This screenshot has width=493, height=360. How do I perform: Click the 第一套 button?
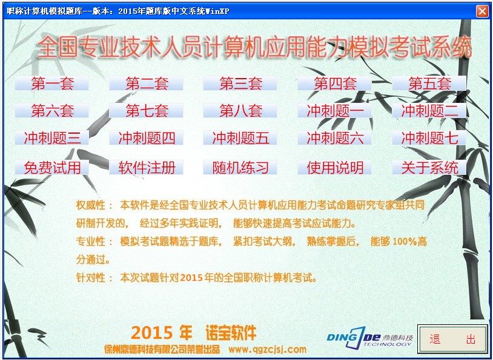click(x=52, y=83)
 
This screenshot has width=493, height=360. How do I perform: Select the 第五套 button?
click(x=429, y=83)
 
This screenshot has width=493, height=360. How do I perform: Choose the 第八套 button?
click(x=240, y=111)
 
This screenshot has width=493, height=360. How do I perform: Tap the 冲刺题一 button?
click(x=335, y=111)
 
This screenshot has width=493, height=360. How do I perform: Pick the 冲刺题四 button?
click(x=146, y=137)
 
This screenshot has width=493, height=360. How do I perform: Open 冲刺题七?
click(x=429, y=137)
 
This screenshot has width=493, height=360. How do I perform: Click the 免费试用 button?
click(x=52, y=167)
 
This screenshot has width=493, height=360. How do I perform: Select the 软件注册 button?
click(x=146, y=167)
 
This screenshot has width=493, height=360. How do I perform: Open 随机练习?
click(x=240, y=167)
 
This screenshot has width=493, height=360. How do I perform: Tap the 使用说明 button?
click(x=335, y=167)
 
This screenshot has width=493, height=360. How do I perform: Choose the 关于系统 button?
click(x=429, y=167)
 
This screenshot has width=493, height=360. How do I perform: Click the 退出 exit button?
click(x=453, y=339)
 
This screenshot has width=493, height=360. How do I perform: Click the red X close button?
click(x=482, y=11)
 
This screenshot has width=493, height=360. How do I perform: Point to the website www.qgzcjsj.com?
click(x=267, y=349)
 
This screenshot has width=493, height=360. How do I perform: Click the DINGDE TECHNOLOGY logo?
click(x=369, y=338)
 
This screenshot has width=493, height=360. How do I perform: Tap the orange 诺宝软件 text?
click(x=231, y=333)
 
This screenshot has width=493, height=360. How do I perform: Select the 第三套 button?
click(x=240, y=83)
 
